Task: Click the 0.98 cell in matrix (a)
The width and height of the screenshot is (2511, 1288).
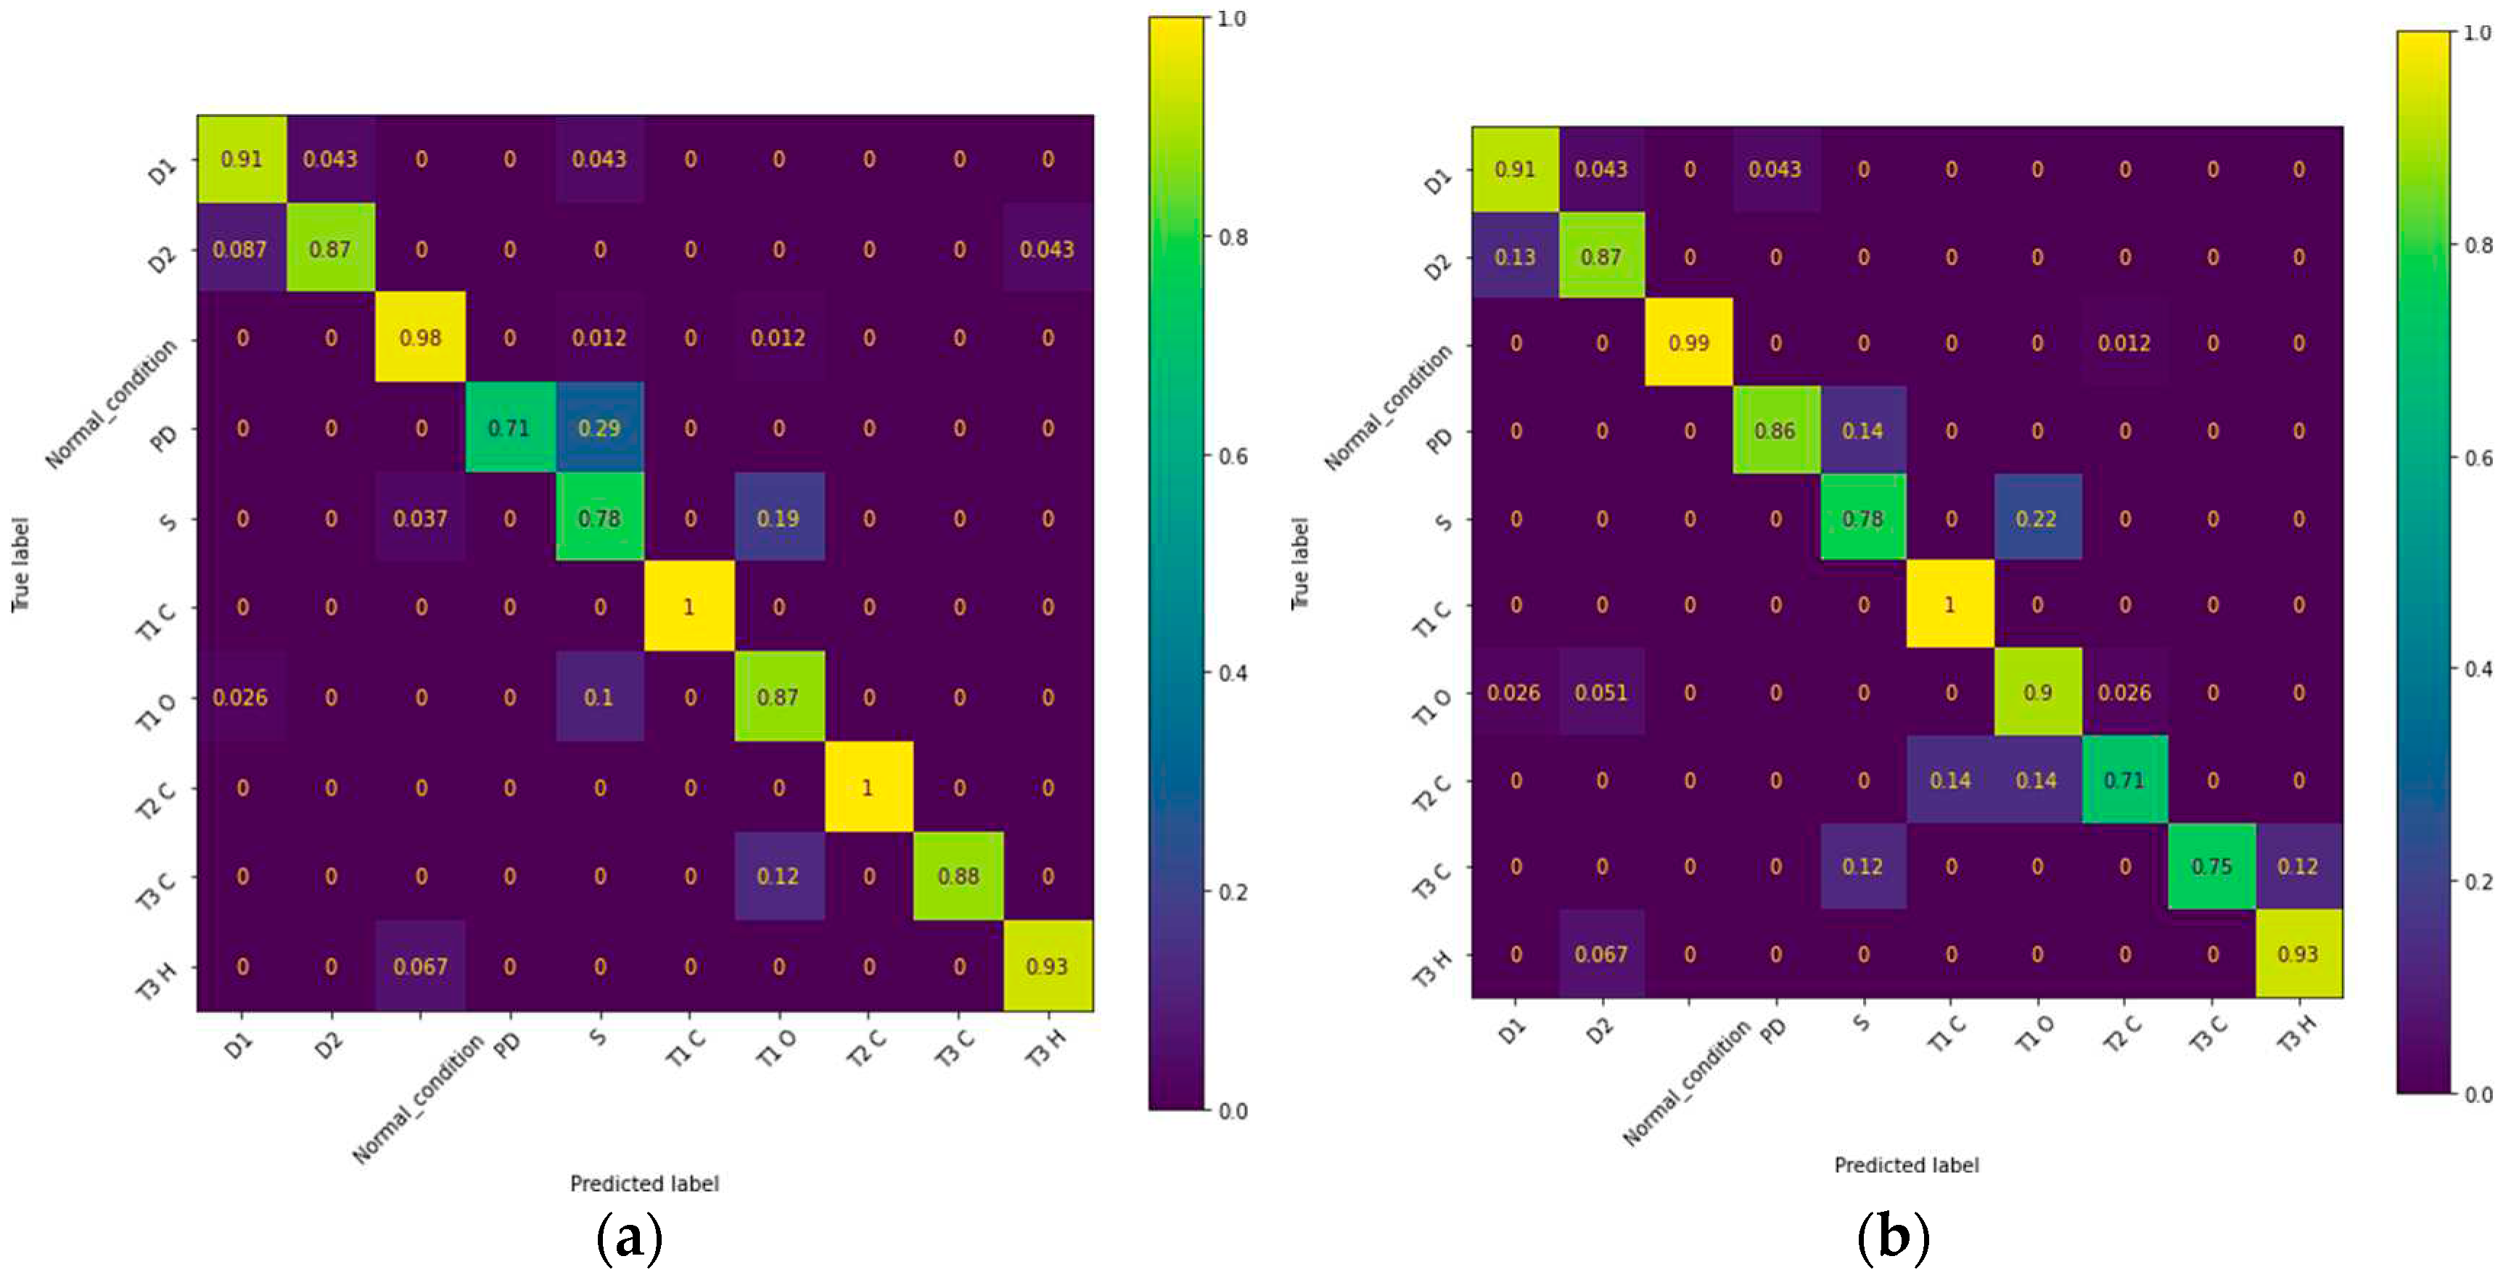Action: [420, 337]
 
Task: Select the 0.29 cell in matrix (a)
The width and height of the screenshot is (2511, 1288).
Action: [599, 428]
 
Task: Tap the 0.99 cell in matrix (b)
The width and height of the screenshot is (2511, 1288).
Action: [1688, 343]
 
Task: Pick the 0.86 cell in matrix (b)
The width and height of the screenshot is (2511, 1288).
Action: [1775, 430]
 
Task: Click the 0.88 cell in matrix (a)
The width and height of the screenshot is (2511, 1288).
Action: [958, 876]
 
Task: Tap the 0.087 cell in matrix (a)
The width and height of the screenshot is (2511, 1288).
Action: [240, 249]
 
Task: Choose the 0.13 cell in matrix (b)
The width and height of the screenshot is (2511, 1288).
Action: [1514, 256]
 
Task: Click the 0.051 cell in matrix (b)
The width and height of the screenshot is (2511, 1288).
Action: [1600, 692]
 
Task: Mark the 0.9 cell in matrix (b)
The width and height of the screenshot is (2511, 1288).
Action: [2037, 692]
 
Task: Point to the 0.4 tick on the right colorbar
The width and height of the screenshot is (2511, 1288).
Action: [2477, 669]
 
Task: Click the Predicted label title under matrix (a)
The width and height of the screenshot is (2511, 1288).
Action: [644, 1184]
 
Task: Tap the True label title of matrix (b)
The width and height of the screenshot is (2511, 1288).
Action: [1299, 564]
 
